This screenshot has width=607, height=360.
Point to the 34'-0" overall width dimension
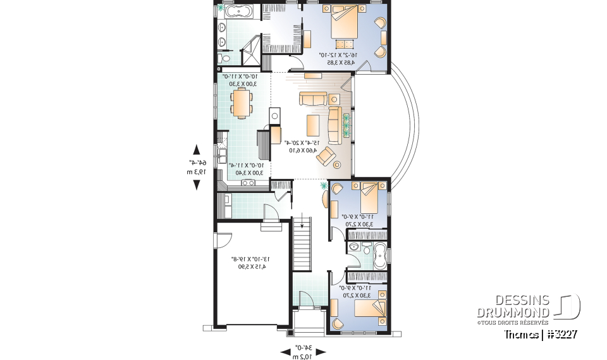[303, 351]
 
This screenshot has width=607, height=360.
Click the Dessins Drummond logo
[529, 307]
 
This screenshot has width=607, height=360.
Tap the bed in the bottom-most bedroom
[367, 308]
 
